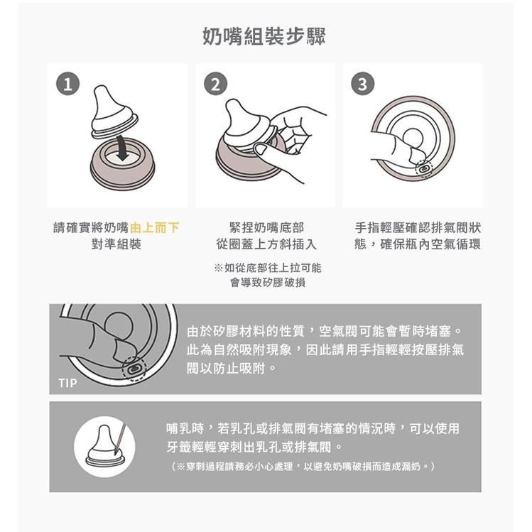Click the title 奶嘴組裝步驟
[264, 36]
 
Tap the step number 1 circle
[68, 84]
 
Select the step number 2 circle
[215, 84]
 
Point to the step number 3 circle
[363, 84]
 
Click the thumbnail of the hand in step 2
[261, 149]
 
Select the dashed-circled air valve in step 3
[424, 168]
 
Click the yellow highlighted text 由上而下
[154, 228]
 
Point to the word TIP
[68, 383]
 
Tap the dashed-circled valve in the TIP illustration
[134, 368]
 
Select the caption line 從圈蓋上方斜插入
[266, 244]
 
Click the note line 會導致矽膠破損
[268, 282]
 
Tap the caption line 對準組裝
[116, 244]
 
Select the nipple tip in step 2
[234, 104]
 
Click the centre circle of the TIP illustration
[119, 327]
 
